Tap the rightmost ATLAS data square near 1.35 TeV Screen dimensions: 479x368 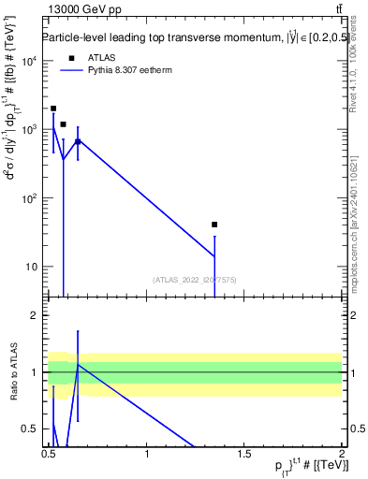click(214, 225)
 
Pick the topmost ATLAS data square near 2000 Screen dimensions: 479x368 click(53, 109)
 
